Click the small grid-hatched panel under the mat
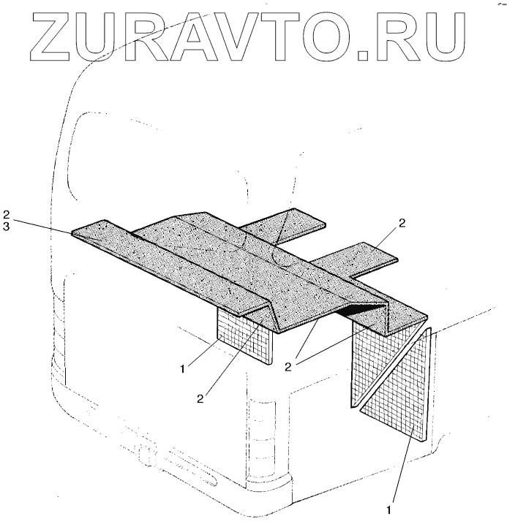244,337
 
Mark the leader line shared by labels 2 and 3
44,225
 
